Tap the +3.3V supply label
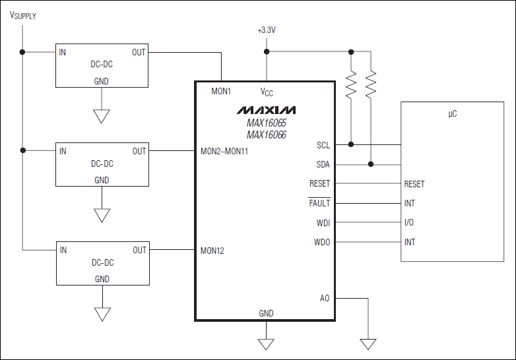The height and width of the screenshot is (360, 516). [267, 31]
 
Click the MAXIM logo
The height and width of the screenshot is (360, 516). [267, 109]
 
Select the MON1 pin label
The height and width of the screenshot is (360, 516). [221, 91]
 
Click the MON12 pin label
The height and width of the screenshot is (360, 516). [212, 251]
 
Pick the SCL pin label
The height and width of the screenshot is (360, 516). [323, 145]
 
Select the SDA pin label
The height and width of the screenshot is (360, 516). [323, 165]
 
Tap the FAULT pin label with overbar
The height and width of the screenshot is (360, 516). [319, 204]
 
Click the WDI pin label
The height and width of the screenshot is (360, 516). [323, 223]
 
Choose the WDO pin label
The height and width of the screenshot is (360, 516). [322, 242]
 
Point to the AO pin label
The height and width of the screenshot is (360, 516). [324, 299]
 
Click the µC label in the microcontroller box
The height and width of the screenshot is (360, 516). [452, 114]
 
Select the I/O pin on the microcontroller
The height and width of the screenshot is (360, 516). [409, 223]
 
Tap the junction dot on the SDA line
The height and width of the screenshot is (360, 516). [371, 164]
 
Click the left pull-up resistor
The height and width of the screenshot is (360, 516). [351, 84]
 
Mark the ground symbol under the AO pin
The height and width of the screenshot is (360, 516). [368, 344]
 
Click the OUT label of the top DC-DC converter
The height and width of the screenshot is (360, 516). [139, 52]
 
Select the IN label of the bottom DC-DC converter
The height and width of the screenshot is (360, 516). [63, 251]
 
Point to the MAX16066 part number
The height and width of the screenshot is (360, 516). [267, 135]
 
